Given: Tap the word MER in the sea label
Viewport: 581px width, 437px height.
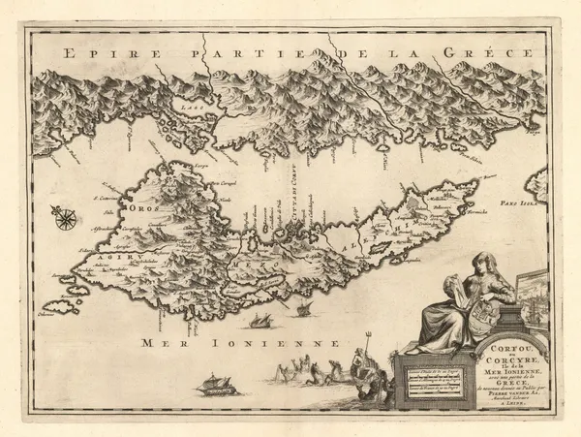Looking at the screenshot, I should [161, 343].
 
